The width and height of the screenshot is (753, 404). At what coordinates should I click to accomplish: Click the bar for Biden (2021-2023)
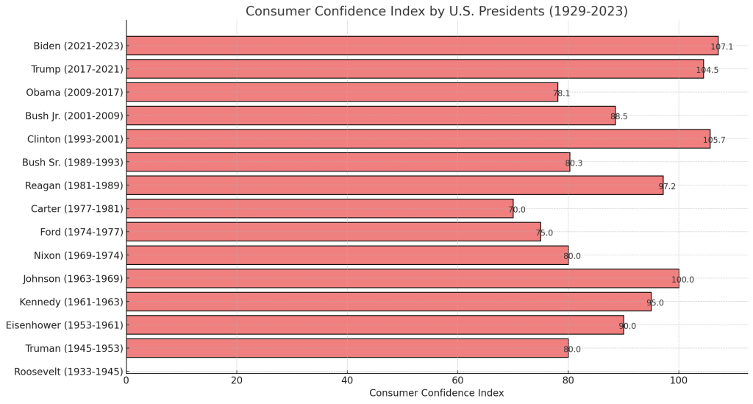421,46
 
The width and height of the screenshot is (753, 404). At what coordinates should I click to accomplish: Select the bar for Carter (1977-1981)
319,209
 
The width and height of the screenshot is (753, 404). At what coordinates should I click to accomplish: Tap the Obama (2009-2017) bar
341,92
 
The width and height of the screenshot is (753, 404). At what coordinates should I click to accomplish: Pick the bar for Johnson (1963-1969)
402,278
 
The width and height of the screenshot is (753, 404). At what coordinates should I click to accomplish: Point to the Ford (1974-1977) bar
333,232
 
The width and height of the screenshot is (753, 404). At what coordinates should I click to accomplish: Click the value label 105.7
714,140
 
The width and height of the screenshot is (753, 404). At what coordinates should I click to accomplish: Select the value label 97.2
667,187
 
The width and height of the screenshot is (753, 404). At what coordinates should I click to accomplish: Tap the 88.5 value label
619,117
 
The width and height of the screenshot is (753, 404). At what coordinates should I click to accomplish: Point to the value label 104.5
707,71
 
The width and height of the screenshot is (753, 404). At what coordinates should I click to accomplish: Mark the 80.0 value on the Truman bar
572,350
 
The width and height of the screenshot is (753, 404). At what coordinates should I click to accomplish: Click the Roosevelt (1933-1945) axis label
68,372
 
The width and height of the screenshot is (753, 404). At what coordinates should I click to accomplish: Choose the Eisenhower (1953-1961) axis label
64,325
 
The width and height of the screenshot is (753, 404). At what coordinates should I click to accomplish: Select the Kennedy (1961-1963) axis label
71,302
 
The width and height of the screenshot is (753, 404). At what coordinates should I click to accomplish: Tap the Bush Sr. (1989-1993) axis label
74,162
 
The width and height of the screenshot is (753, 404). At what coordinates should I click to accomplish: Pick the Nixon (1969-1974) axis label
79,255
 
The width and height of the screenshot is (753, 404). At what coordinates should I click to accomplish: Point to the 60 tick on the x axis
457,381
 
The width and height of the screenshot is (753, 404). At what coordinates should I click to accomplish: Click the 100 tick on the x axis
679,381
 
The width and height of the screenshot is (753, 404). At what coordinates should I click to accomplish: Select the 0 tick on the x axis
126,381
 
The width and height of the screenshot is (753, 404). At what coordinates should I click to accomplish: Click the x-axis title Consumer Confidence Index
436,394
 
